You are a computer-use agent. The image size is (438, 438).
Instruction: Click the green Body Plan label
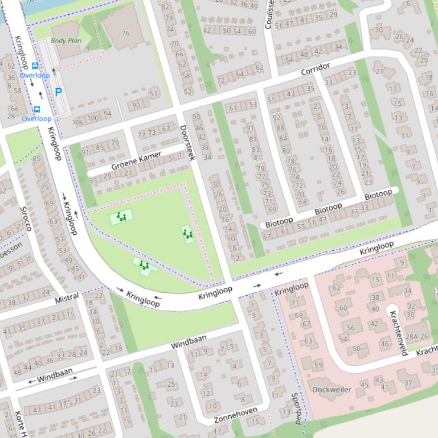(66, 40)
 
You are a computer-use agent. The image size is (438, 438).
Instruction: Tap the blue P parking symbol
(58, 92)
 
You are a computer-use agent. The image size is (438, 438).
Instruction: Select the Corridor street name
(315, 70)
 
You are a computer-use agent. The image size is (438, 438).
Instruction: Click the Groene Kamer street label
(136, 160)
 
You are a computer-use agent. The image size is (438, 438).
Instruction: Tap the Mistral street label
(67, 299)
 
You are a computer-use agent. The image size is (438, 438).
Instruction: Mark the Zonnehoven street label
(236, 415)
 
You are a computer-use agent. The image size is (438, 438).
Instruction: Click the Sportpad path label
(296, 408)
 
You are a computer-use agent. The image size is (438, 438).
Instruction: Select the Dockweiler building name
(331, 390)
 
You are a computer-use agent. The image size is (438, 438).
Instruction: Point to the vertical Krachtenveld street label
(398, 332)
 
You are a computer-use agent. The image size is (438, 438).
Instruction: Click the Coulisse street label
(269, 14)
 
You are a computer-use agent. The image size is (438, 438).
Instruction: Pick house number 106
(79, 122)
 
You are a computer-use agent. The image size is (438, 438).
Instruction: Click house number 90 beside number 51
(136, 105)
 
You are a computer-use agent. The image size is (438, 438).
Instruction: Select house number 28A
(411, 337)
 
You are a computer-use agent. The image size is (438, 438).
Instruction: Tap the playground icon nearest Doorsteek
(187, 234)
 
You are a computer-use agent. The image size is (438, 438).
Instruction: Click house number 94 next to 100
(107, 114)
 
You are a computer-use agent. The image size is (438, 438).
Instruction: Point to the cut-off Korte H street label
(21, 424)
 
